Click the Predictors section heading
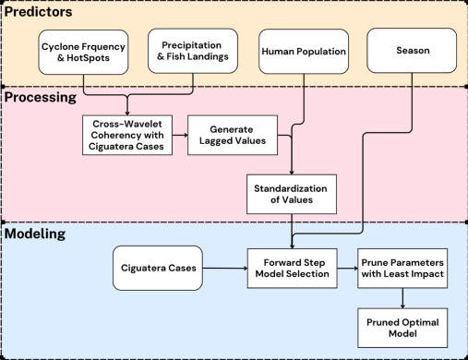point(38,12)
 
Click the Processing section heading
point(41,98)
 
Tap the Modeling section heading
point(35,234)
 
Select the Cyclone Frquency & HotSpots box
point(83,53)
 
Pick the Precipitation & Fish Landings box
point(193,51)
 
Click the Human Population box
point(304,52)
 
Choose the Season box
point(412,51)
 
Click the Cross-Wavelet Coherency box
point(127,135)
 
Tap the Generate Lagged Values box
point(233,135)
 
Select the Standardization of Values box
point(292,194)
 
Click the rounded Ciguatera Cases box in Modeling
point(158,268)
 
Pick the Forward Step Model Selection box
point(293,269)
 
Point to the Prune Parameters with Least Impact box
point(402,269)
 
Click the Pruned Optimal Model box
point(402,328)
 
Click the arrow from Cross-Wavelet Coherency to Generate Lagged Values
point(180,135)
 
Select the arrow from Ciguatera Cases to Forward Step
point(225,269)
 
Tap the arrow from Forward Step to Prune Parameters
point(347,269)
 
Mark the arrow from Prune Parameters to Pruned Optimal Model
point(402,298)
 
